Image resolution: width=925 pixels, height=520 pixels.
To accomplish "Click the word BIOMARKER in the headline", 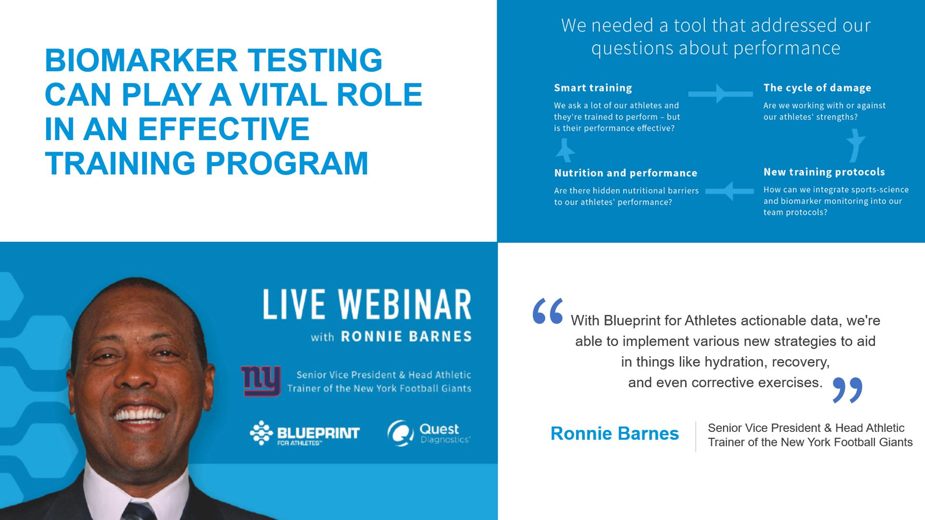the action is coord(141,60).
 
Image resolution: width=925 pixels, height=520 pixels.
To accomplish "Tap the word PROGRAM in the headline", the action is coord(287,163).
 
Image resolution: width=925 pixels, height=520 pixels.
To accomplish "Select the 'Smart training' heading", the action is coord(593,88).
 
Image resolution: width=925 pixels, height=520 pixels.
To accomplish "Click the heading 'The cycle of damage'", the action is coord(817,88).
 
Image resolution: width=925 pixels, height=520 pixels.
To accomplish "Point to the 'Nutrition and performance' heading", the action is coord(625,173).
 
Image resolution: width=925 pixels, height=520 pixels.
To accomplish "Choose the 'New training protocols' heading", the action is coord(824,172).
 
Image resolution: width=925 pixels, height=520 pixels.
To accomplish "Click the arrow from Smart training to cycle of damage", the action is coord(720,94).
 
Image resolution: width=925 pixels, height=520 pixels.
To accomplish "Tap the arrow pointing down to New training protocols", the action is coord(856,146).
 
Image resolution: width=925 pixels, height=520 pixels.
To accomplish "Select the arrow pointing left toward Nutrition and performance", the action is coord(729,191).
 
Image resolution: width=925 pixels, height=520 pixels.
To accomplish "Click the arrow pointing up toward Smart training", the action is coord(565,150).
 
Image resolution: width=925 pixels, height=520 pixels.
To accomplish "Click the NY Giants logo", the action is coord(261,380).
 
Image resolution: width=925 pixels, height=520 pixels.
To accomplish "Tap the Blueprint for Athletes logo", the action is coord(304,433).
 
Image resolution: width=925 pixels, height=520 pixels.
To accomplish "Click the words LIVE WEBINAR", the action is coord(367,304).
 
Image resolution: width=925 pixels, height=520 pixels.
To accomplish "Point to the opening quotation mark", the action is coord(548,311).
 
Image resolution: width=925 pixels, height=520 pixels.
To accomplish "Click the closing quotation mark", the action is coord(847,390).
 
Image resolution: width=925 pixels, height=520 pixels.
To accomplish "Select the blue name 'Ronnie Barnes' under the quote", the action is coord(615,434).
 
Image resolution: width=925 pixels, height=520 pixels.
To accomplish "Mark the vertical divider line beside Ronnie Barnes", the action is coord(696,436).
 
